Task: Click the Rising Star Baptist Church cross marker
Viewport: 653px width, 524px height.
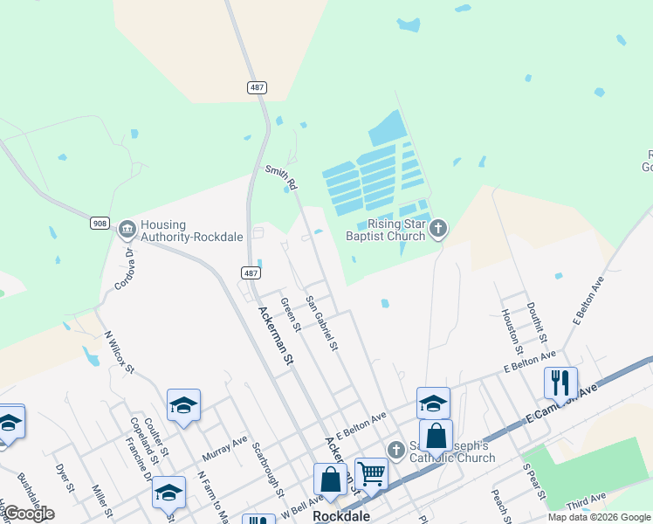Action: (x=438, y=230)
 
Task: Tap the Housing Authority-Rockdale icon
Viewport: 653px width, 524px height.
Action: (x=127, y=230)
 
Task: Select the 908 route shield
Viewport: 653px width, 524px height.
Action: (x=100, y=224)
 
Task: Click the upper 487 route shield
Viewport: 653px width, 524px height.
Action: (x=255, y=88)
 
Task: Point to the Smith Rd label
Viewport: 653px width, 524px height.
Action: (x=282, y=178)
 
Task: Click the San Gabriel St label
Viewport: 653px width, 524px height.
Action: (x=321, y=323)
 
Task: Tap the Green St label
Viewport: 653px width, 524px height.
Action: (x=290, y=315)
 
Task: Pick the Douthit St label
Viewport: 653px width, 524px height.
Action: (x=536, y=322)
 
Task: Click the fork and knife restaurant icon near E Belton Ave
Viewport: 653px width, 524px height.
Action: (x=560, y=382)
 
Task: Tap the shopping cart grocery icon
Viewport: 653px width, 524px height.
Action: (x=372, y=473)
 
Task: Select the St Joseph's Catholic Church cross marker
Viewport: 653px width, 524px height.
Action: (x=395, y=449)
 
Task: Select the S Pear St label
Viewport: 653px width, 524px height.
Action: (x=533, y=481)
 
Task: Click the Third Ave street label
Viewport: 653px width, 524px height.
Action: (x=586, y=502)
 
